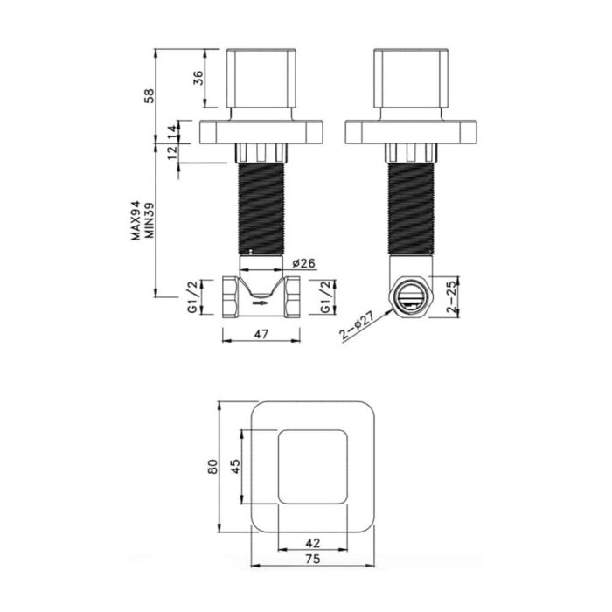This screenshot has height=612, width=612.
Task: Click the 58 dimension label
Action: (150, 96)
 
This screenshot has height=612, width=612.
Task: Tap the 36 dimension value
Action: (198, 78)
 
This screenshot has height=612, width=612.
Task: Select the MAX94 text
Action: (135, 220)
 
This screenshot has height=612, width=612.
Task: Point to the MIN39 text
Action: (150, 220)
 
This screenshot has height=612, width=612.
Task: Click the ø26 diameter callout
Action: (303, 263)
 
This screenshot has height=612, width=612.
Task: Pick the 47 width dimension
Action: (261, 334)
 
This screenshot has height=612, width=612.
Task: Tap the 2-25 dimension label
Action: (451, 297)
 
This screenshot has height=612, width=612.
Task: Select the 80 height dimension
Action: (212, 467)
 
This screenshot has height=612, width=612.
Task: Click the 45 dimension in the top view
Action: (235, 467)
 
